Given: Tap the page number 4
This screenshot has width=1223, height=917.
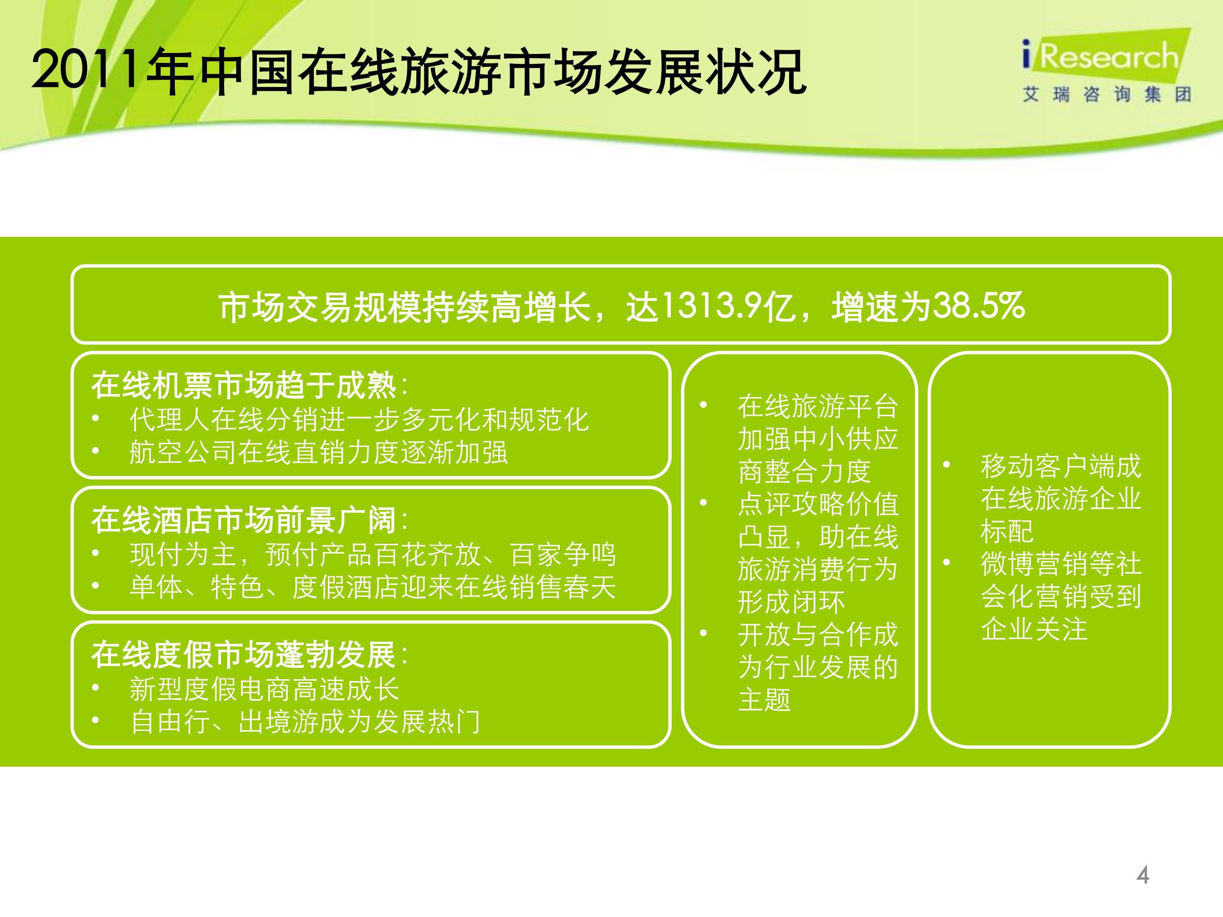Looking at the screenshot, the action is click(x=1142, y=875).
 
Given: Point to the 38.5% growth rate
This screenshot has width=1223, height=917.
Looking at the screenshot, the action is click(x=978, y=306).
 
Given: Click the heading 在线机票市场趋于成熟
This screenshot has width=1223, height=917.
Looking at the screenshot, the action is click(x=244, y=385).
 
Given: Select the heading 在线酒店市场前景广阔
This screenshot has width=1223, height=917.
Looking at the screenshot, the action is click(x=244, y=520).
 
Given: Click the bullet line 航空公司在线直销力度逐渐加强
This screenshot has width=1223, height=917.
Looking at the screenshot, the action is click(x=318, y=452).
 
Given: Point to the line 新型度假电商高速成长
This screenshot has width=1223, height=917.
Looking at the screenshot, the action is click(x=264, y=689).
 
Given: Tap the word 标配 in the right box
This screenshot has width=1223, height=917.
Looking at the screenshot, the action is click(x=1007, y=531).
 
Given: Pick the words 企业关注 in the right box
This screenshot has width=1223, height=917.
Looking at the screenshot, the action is click(x=1034, y=629).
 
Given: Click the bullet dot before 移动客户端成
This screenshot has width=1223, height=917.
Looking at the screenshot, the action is click(x=947, y=465).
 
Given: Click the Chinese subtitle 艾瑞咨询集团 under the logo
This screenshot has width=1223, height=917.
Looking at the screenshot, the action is click(x=1106, y=95).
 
